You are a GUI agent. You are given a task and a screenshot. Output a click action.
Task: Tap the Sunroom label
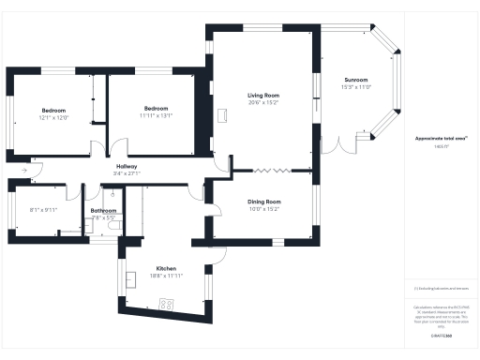[356, 80]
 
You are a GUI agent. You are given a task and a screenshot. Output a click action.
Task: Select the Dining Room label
[264, 202]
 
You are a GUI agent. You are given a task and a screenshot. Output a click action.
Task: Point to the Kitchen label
[166, 268]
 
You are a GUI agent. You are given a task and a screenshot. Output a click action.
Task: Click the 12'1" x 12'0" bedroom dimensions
[53, 117]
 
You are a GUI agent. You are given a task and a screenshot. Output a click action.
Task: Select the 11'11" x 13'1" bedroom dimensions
[156, 115]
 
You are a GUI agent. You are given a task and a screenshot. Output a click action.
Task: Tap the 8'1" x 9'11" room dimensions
[43, 210]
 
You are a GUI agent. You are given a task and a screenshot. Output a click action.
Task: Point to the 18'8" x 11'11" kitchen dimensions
[166, 276]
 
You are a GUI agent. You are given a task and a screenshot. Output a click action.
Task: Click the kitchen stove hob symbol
[168, 304]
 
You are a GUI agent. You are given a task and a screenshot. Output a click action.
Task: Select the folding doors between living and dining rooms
[272, 170]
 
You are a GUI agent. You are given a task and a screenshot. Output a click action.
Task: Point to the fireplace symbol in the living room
[224, 114]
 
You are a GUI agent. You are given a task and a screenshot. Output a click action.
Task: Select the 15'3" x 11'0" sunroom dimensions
[356, 87]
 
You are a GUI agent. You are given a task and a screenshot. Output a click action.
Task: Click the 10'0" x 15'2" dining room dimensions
[264, 210]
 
